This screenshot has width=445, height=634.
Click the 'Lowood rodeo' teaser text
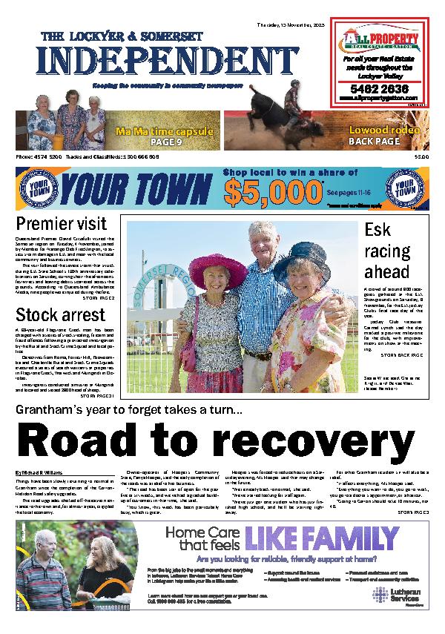[x=380, y=131]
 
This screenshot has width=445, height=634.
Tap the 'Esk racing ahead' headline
[x=386, y=251]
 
